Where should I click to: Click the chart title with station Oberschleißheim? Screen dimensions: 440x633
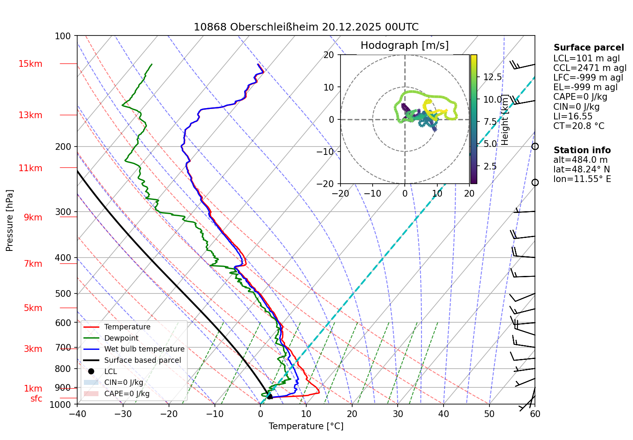(x=306, y=27)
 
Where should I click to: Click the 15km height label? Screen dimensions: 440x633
(x=30, y=64)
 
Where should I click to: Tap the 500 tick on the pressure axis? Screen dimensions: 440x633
(x=63, y=293)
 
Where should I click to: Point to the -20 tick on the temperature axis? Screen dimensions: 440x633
(x=169, y=414)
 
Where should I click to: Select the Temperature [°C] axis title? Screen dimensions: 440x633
(x=306, y=426)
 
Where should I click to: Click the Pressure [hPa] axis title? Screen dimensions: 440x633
(x=10, y=220)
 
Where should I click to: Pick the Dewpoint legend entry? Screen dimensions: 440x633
(x=121, y=338)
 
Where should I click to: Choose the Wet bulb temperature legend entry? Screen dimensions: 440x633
(x=144, y=349)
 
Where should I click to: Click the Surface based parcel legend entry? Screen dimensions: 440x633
(x=142, y=360)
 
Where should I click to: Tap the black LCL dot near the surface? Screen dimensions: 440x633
(x=270, y=397)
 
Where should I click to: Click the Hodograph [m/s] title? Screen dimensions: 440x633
(x=404, y=46)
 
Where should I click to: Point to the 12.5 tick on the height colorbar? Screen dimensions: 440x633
(x=492, y=77)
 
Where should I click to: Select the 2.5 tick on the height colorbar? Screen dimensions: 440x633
(x=490, y=166)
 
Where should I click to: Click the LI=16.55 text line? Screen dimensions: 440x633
(x=572, y=116)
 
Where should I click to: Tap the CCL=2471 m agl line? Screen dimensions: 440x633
(x=590, y=68)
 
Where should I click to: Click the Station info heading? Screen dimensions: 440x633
(x=582, y=150)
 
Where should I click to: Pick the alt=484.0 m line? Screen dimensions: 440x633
(x=580, y=160)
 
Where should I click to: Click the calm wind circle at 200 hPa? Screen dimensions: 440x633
(x=535, y=147)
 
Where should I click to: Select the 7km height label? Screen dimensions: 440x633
(x=33, y=264)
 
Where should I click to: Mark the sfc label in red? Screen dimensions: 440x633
(x=36, y=399)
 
